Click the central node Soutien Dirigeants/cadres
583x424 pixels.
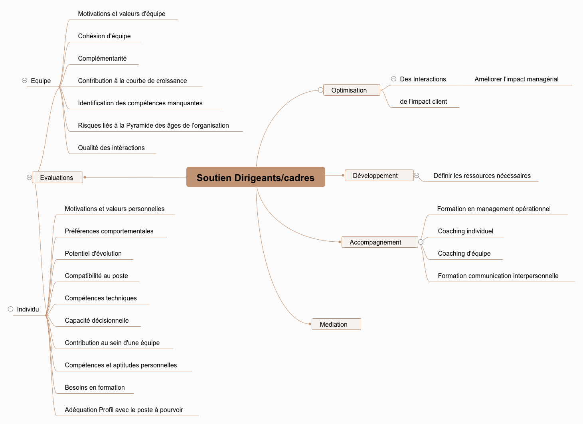(255, 177)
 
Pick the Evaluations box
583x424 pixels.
(57, 177)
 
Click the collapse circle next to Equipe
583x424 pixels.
(24, 81)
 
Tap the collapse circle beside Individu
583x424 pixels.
(11, 309)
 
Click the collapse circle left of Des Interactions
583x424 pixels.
(393, 79)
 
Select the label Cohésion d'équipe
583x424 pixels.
(104, 36)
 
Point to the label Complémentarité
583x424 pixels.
(102, 58)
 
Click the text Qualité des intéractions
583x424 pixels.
(111, 148)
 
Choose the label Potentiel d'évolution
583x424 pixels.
(93, 253)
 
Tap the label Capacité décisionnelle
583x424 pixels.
(97, 320)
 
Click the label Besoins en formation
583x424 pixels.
(95, 387)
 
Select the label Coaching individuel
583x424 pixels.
(465, 231)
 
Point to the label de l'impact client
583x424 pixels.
(423, 101)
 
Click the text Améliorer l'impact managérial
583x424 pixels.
(516, 79)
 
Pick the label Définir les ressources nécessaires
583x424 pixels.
(482, 176)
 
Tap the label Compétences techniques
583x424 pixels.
(101, 298)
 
